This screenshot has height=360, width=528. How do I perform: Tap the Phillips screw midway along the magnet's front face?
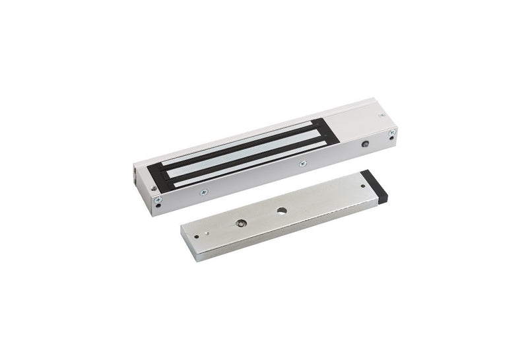pos(302,164)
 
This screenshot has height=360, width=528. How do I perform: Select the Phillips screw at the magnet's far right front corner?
pos(392,133)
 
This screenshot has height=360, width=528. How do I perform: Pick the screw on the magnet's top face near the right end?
pos(382,116)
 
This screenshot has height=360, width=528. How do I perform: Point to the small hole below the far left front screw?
pos(158,205)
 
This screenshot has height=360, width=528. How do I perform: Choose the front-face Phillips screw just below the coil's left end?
pos(204,192)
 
